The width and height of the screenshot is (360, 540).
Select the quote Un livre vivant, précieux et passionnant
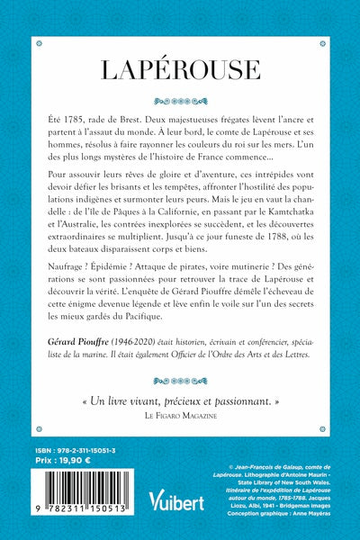pos(180,450)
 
